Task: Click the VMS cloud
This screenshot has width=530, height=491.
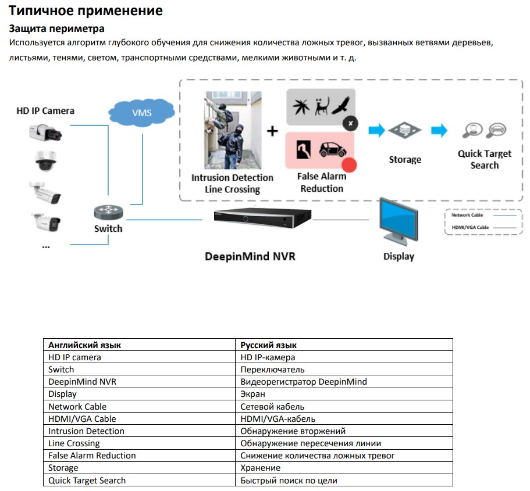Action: tap(141, 112)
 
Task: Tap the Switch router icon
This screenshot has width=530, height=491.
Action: tap(108, 212)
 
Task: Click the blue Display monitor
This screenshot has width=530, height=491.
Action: tap(399, 223)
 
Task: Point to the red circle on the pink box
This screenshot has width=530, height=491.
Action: tap(350, 164)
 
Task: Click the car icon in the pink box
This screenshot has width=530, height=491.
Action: tap(332, 150)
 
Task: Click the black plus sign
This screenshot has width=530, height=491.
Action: tap(272, 131)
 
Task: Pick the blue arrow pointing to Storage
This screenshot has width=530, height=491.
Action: tap(377, 130)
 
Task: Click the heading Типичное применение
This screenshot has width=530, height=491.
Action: tap(86, 11)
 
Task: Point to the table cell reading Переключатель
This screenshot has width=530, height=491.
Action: tap(272, 370)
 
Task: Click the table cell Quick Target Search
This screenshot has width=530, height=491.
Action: tap(87, 481)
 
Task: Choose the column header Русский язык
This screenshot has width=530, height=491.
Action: tap(269, 345)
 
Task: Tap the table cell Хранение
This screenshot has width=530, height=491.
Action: tap(261, 468)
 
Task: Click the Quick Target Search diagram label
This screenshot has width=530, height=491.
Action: tap(484, 159)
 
